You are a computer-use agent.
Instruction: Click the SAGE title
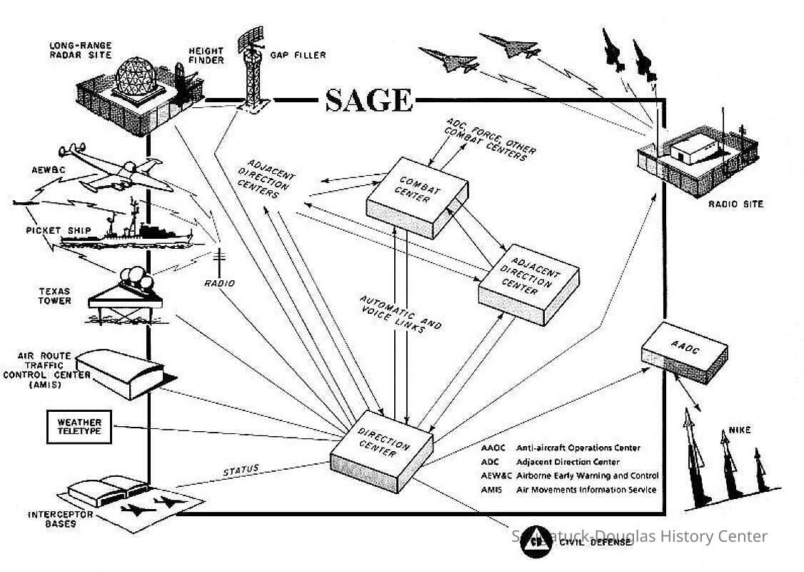point(368,100)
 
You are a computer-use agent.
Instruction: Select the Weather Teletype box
point(79,426)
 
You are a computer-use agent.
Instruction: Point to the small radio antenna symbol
point(219,261)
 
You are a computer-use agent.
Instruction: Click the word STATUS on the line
point(241,471)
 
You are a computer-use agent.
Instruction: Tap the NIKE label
point(740,430)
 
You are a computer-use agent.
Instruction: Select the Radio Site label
point(735,204)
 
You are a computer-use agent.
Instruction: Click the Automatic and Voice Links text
point(399,315)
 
